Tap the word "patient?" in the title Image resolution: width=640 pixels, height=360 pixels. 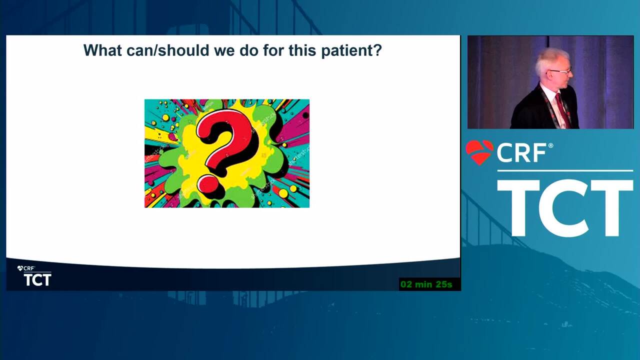pos(351,51)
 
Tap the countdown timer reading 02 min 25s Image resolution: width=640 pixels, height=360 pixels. pos(426,284)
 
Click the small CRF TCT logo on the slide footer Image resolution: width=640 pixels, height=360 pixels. pos(34,275)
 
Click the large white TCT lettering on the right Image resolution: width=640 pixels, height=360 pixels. pos(565,208)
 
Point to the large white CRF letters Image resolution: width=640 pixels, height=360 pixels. pos(521,153)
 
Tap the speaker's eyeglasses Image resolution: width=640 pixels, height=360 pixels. pos(559,71)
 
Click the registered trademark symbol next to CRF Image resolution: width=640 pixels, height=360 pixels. pos(550,145)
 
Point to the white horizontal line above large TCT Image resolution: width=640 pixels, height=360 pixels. pos(565,171)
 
